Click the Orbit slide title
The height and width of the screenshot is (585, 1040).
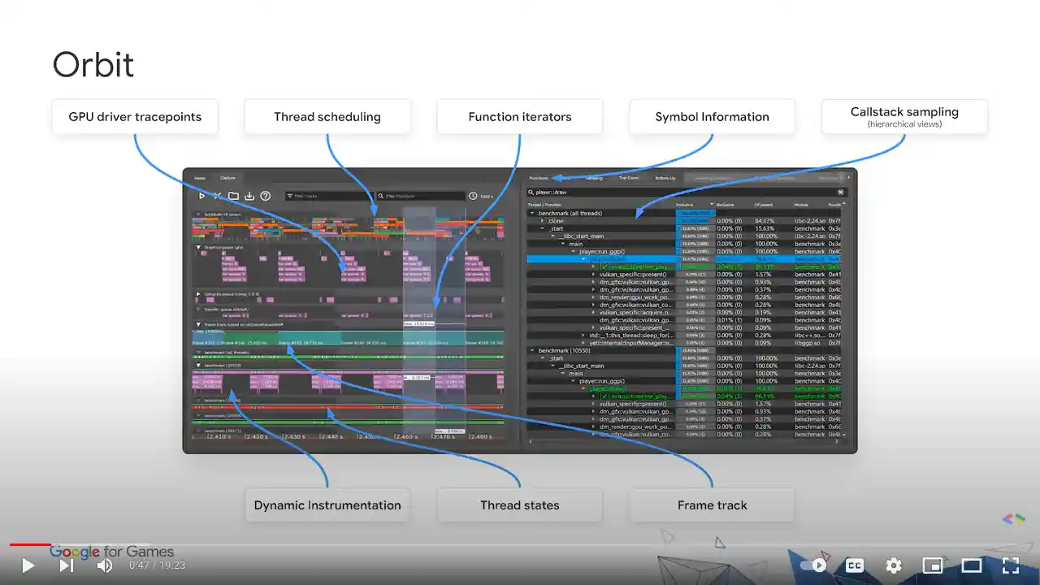point(93,65)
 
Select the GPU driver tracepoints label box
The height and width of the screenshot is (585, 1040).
point(134,117)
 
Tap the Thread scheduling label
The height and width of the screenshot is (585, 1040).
point(327,117)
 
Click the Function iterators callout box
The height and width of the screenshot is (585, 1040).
point(519,117)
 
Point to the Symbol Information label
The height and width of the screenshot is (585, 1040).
point(712,117)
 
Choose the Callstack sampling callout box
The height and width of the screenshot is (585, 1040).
point(904,117)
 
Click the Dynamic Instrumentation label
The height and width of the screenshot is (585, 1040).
point(327,505)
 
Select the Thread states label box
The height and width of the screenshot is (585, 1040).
point(519,505)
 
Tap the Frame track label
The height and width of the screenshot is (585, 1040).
point(712,505)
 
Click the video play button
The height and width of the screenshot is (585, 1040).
point(28,565)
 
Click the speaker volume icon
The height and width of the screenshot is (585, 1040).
point(105,565)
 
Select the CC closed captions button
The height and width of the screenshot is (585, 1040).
point(855,565)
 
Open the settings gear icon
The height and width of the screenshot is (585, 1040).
point(894,565)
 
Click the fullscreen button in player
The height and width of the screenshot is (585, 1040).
point(1010,565)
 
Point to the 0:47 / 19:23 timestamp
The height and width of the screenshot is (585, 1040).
point(157,565)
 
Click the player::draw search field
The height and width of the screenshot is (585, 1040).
point(682,193)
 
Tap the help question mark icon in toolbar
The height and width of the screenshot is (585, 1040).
point(265,196)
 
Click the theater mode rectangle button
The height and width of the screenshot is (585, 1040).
point(972,565)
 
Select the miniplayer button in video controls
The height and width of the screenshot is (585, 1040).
point(933,565)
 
